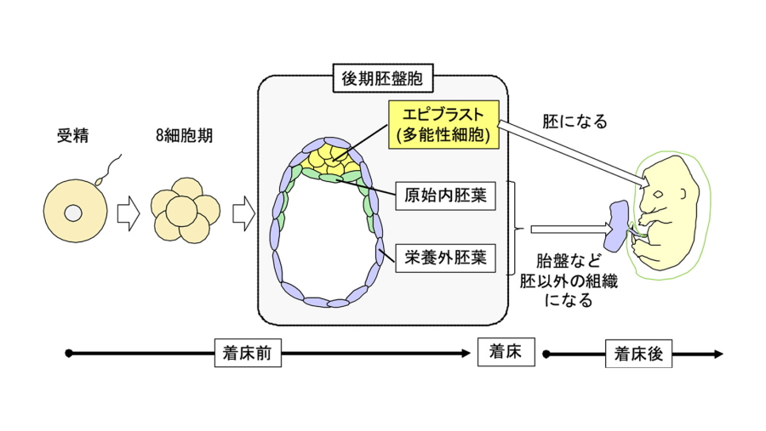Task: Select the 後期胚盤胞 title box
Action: pos(381,81)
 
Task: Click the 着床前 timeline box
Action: pos(247,354)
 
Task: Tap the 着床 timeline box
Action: pos(506,350)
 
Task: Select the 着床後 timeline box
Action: pos(637,354)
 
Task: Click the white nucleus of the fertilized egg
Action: pos(74,212)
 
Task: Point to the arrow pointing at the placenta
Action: pos(566,229)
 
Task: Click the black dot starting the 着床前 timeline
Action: pos(69,353)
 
